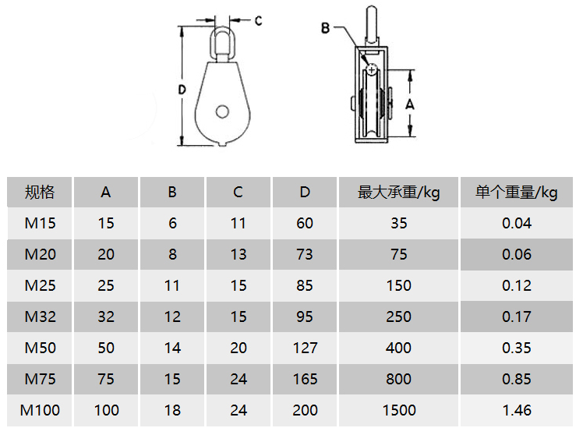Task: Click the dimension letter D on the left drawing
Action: point(182,90)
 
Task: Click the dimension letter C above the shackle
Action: point(259,21)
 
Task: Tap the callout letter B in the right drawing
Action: point(325,28)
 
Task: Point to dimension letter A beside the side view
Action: point(410,104)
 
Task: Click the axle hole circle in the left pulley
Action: point(222,111)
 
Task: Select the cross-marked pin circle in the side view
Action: point(372,69)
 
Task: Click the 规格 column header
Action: point(40,193)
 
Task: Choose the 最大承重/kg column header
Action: point(398,193)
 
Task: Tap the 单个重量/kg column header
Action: point(517,193)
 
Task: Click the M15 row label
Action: point(40,223)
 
